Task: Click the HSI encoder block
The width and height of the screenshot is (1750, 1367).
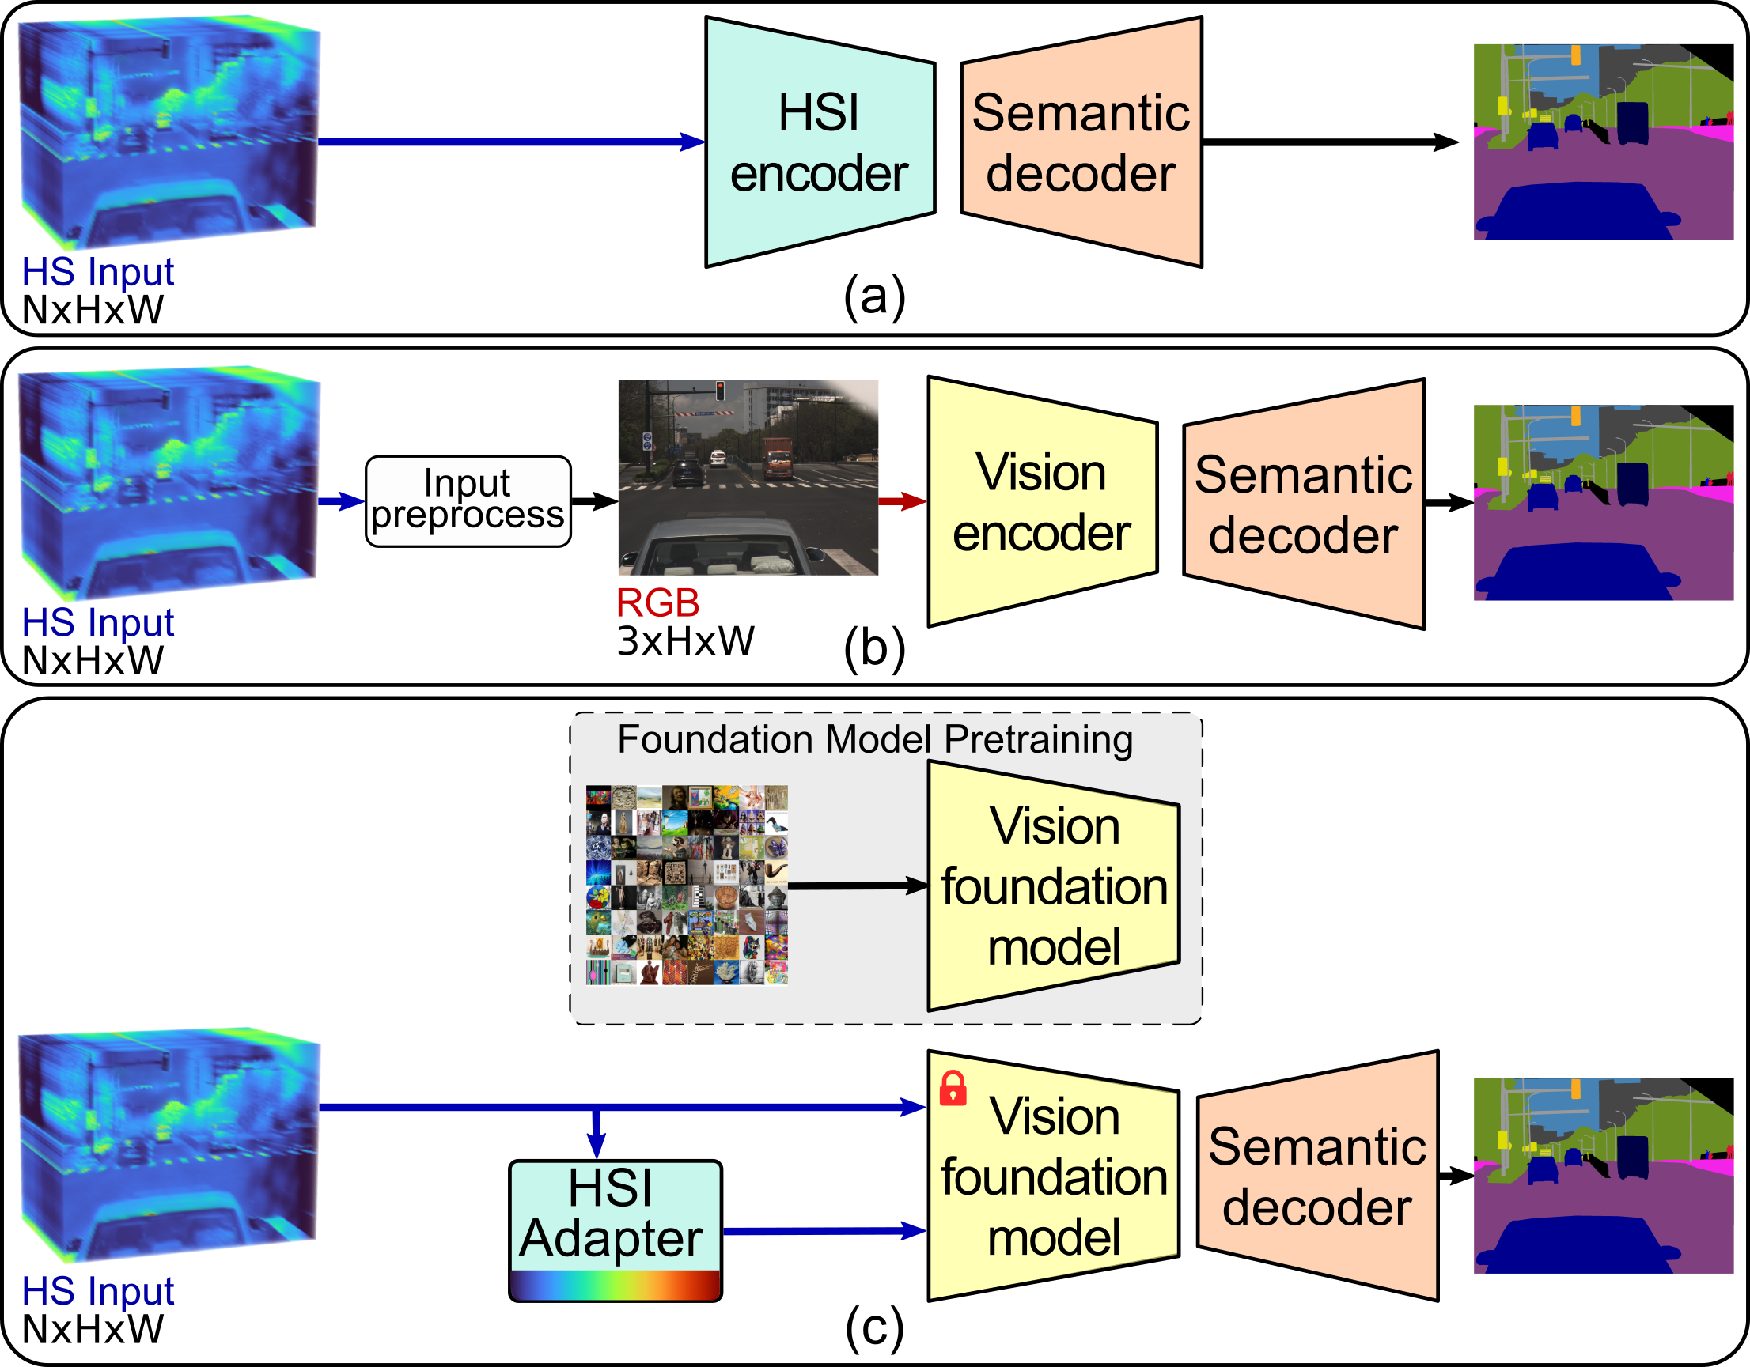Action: [820, 142]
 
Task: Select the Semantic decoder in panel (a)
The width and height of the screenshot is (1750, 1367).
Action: [1081, 142]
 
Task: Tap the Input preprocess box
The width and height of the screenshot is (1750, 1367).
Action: [468, 501]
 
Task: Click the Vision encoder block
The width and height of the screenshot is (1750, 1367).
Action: [1042, 501]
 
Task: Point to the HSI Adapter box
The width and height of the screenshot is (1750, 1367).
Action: [616, 1231]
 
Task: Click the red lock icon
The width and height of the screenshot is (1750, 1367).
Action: [953, 1089]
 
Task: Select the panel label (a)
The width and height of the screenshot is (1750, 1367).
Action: [874, 296]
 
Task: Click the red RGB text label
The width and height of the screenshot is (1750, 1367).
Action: [658, 603]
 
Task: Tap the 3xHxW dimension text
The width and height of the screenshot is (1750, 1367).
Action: [685, 640]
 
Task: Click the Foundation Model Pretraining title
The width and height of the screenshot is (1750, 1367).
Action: [875, 739]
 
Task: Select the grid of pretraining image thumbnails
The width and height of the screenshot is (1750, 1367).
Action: [687, 884]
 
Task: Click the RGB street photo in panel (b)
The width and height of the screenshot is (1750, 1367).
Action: [748, 478]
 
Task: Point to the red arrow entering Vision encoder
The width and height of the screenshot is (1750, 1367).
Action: [903, 501]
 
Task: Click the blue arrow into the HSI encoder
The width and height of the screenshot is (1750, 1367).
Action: [511, 142]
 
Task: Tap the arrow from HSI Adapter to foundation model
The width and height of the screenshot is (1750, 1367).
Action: [824, 1230]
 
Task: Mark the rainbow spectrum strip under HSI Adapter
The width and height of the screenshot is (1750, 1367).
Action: [616, 1284]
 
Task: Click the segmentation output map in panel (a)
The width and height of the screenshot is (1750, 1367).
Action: [1604, 142]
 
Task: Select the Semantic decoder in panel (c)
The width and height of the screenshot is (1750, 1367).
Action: [1317, 1176]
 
